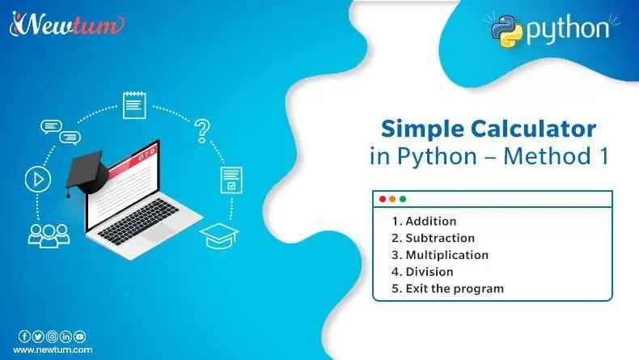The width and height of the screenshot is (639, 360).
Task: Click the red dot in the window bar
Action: tap(383, 199)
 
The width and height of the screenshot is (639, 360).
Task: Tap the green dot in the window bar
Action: tap(403, 199)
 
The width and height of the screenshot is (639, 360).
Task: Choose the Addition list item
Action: tap(423, 221)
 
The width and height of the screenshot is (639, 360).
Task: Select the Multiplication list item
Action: tap(439, 255)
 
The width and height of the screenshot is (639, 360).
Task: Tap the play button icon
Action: tap(33, 180)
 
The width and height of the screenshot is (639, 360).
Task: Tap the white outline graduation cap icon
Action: tap(219, 235)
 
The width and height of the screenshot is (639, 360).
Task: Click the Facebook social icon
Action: tap(24, 337)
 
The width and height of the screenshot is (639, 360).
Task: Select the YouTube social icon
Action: tap(79, 337)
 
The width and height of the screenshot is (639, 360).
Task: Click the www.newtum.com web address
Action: tap(52, 349)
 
